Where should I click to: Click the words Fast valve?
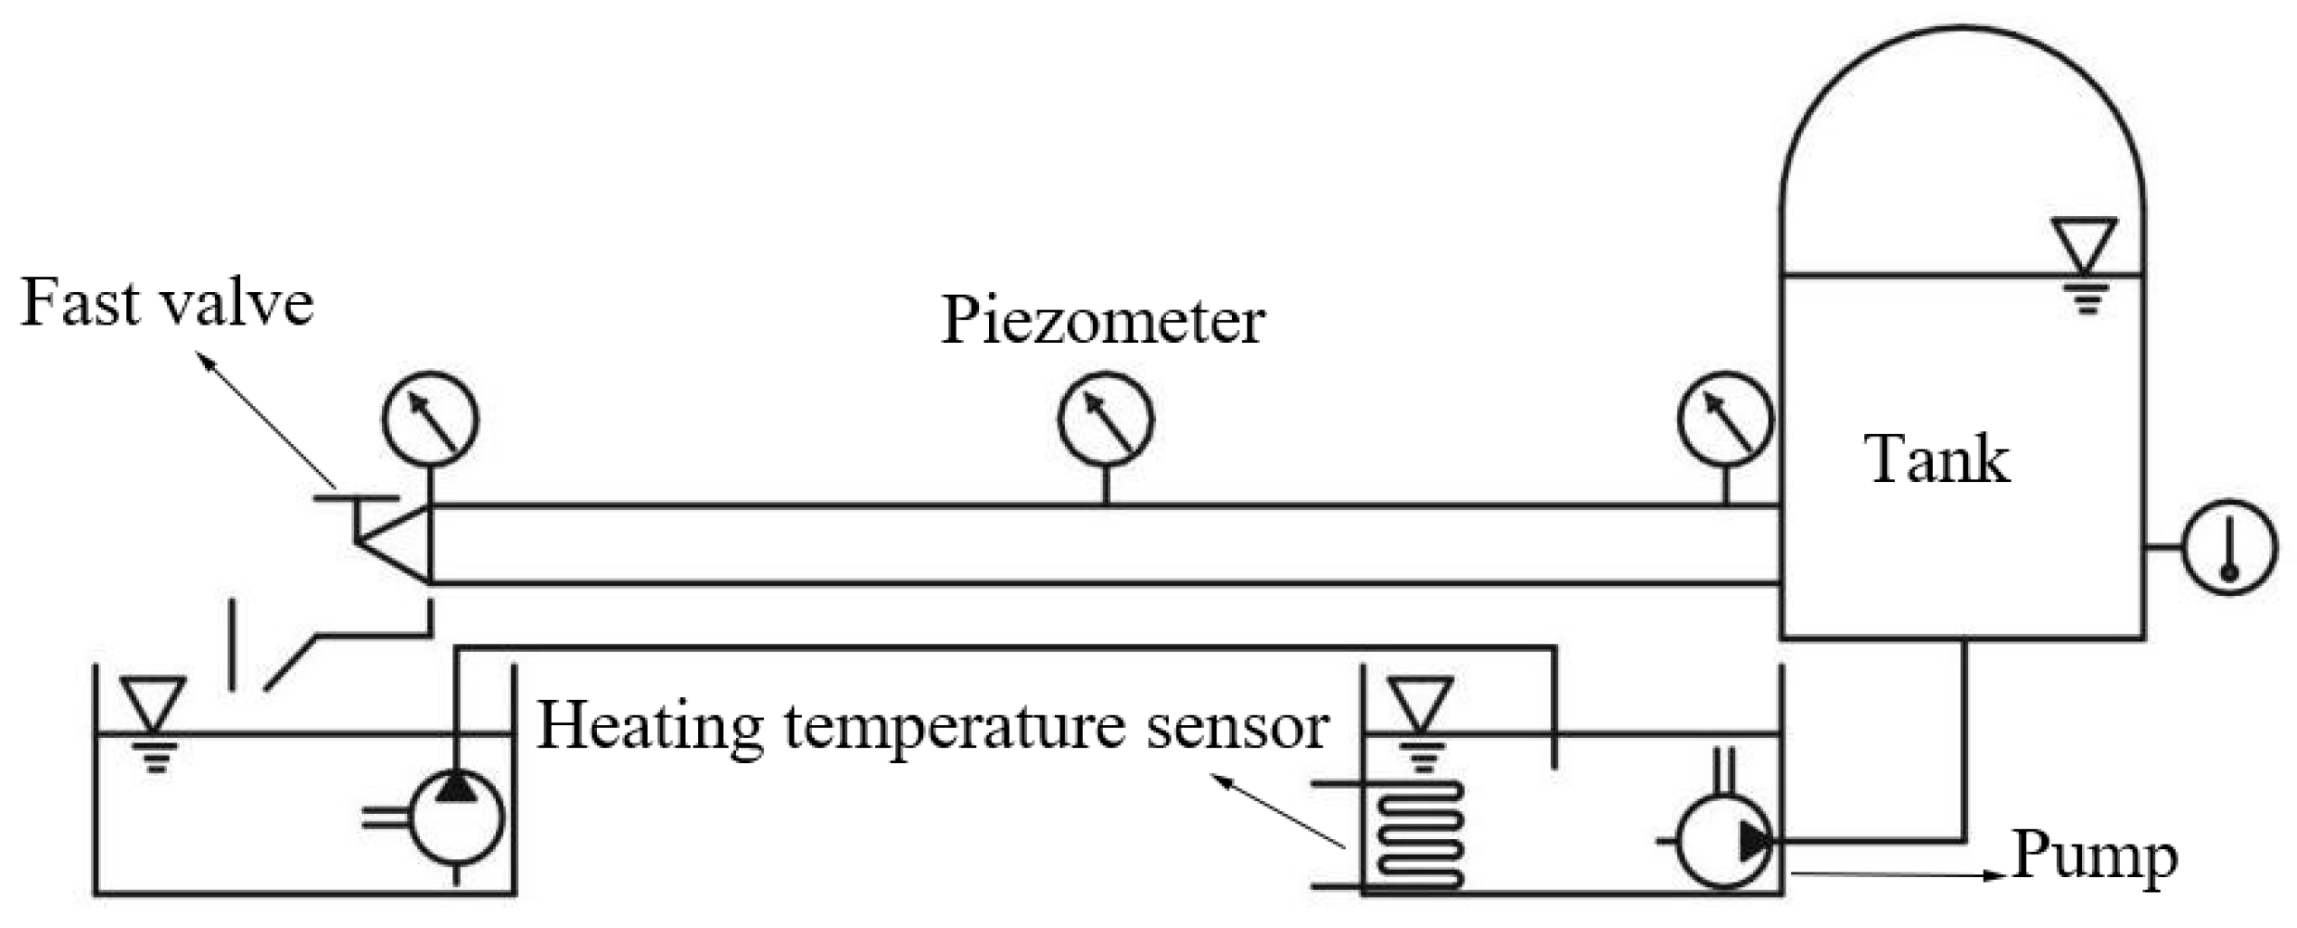coord(167,302)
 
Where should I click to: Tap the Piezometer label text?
coord(1102,321)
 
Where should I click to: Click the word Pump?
coord(2094,856)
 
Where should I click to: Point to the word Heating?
coord(650,726)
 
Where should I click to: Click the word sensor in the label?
coord(1237,726)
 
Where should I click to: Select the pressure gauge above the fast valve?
coord(430,419)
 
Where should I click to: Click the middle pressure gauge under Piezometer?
coord(1105,419)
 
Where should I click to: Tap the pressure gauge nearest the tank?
coord(1724,419)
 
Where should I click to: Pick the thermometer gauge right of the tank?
coord(2229,547)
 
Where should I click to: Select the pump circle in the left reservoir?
coord(455,818)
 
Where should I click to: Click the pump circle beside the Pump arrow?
coord(1724,842)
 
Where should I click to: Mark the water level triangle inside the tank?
coord(2085,243)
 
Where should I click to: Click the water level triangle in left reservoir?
coord(154,702)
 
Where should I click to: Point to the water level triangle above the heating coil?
coord(1420,703)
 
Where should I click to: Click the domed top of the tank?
coord(1962,93)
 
